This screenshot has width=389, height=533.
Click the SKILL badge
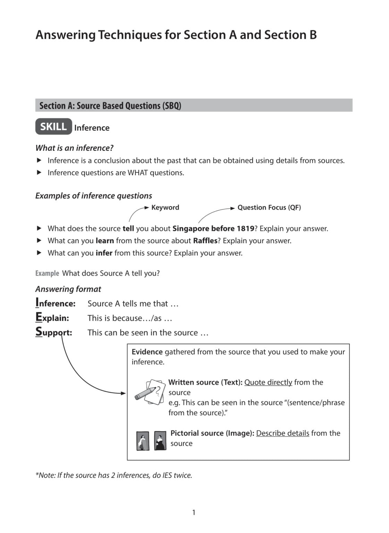(53, 127)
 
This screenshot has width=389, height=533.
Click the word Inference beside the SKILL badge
(92, 128)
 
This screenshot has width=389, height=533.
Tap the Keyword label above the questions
(165, 208)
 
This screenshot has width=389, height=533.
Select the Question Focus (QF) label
(269, 208)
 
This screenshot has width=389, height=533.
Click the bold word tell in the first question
(128, 229)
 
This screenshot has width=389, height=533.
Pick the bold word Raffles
(205, 241)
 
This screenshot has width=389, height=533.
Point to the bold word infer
(104, 253)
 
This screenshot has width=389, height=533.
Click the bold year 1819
(245, 229)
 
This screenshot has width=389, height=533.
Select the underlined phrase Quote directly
(268, 382)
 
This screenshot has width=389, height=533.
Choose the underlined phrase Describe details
(282, 433)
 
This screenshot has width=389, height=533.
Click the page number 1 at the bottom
(194, 513)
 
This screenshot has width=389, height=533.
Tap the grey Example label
(47, 273)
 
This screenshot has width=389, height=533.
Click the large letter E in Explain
(39, 317)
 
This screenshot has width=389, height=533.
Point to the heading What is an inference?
(74, 148)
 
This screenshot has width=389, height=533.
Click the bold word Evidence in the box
(147, 352)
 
